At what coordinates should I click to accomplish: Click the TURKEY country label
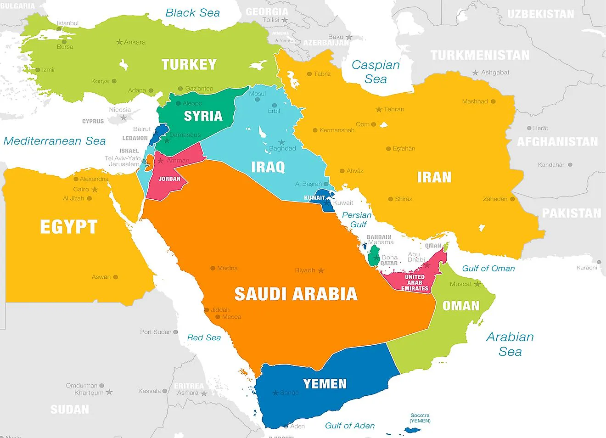[x=189, y=64]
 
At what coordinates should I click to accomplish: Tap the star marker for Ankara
[x=119, y=42]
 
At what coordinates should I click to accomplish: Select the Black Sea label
[x=192, y=13]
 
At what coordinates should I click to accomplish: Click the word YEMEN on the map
[x=325, y=384]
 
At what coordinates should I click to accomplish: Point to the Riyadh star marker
[x=321, y=270]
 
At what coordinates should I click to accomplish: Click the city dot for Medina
[x=213, y=268]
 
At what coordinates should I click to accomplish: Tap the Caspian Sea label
[x=376, y=72]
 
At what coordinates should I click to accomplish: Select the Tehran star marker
[x=379, y=109]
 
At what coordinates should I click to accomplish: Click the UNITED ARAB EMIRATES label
[x=415, y=283]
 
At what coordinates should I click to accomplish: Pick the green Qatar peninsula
[x=374, y=255]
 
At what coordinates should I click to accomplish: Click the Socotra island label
[x=420, y=418]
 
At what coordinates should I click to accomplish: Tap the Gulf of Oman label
[x=488, y=269]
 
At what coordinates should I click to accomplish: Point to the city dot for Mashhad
[x=493, y=101]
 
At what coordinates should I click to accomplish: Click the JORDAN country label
[x=169, y=179]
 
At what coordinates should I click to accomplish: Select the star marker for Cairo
[x=95, y=189]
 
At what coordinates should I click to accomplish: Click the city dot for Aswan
[x=116, y=277]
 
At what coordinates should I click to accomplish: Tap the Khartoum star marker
[x=109, y=392]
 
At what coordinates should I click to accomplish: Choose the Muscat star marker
[x=477, y=284]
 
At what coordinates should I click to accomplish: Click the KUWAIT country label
[x=314, y=198]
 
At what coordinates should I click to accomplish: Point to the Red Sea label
[x=204, y=337]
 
